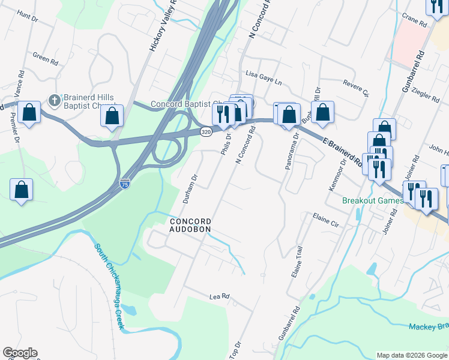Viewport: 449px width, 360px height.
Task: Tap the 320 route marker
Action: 206,132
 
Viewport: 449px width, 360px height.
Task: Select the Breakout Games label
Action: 367,200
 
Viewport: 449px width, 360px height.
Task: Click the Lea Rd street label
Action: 220,296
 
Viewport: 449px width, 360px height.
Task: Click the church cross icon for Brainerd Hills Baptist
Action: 54,100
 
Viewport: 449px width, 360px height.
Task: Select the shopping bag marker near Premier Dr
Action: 22,190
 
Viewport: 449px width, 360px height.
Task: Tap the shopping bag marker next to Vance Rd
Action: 28,112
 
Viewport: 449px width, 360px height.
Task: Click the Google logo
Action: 20,353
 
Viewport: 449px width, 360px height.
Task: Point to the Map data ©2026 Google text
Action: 411,355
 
